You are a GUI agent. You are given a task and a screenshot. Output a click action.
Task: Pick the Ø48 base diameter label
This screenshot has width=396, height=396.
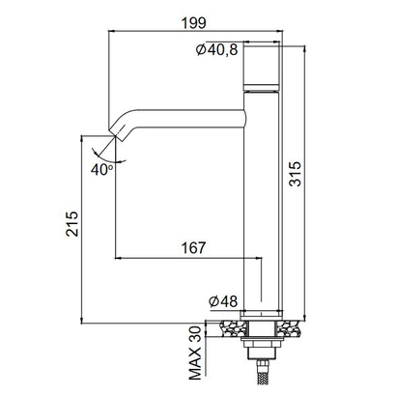224,300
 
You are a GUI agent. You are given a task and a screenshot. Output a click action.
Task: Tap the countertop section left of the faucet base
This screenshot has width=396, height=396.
231,325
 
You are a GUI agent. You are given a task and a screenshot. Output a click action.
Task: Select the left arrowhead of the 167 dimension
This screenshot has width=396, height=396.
120,258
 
